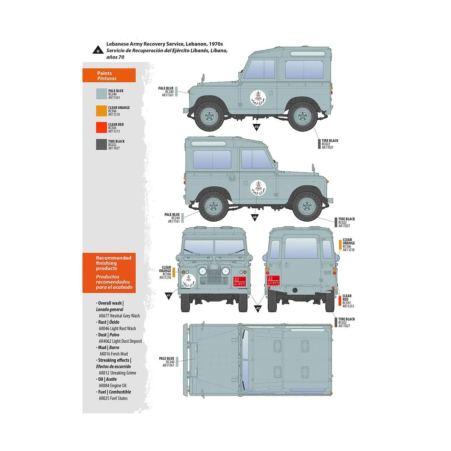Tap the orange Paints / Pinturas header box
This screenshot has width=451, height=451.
[109, 76]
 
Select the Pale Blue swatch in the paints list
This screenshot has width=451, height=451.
[101, 94]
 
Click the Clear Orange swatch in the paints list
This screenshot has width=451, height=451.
[101, 111]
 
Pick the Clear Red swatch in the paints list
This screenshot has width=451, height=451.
[101, 128]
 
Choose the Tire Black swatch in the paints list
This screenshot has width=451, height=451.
[101, 145]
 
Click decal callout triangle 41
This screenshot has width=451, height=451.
[168, 296]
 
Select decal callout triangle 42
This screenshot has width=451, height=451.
[257, 308]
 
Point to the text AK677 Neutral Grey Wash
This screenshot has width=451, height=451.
[119, 316]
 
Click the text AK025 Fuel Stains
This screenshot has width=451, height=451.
[113, 398]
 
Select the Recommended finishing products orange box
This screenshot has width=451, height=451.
[109, 272]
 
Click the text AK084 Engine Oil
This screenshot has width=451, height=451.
[112, 386]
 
